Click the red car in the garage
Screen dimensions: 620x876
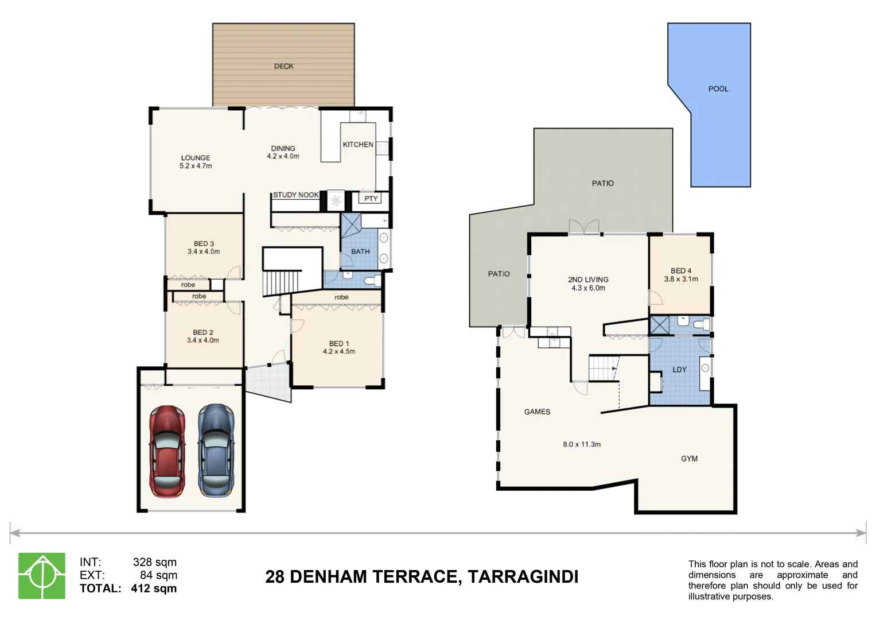167,451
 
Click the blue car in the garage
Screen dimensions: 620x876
216,451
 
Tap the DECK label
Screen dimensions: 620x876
283,66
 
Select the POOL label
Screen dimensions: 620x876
718,89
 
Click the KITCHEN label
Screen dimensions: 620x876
358,145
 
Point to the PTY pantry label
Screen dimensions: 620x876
371,199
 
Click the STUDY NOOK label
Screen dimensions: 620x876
295,195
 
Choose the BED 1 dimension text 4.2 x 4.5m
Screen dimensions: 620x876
338,351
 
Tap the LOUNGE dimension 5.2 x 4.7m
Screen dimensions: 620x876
196,166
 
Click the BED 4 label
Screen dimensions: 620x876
681,271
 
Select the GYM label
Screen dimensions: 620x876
689,459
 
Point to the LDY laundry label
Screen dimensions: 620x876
679,370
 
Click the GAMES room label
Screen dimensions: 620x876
537,412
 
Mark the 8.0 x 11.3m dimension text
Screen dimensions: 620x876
582,444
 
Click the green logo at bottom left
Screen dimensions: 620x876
42,576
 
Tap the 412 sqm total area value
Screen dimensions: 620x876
154,588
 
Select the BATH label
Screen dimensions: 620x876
360,251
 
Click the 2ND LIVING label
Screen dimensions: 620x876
588,280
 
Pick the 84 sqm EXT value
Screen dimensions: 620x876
158,575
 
